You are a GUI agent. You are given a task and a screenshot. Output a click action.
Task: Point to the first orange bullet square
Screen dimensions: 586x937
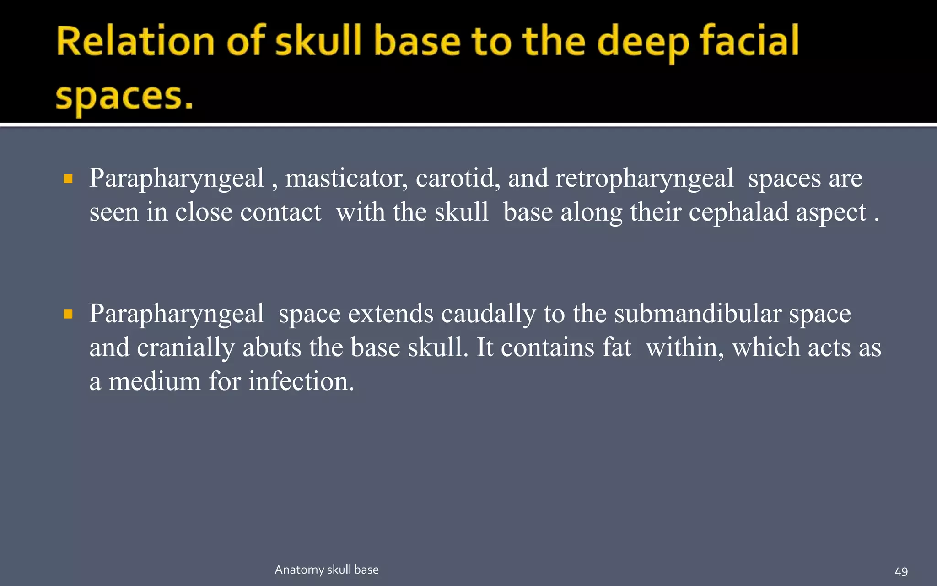pos(68,179)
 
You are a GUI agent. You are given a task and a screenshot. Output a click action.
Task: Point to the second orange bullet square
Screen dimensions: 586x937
pos(68,314)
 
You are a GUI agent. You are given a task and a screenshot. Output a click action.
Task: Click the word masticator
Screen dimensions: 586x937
pos(346,179)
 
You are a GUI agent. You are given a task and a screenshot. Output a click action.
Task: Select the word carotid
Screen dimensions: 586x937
pos(458,179)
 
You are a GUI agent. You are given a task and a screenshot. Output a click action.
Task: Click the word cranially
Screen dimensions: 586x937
pos(186,348)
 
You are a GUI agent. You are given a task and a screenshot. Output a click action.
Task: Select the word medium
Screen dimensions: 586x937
pos(155,381)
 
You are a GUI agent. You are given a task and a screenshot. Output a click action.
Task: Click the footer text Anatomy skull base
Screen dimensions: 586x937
pos(327,570)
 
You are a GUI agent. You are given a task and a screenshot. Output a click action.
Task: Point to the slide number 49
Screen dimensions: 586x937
pos(901,572)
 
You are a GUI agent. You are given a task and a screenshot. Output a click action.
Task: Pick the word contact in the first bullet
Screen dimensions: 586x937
pos(280,212)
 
